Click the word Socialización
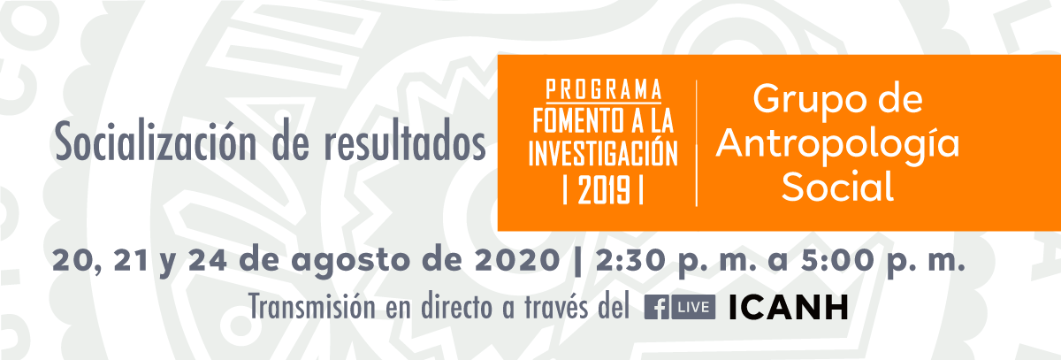[x=156, y=142]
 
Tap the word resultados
[x=405, y=142]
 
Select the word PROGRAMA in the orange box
[x=603, y=89]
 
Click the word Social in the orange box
[x=837, y=186]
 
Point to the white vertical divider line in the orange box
[x=697, y=143]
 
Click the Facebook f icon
[x=657, y=308]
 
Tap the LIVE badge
[x=693, y=308]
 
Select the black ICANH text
[x=788, y=308]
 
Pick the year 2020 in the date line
[x=517, y=260]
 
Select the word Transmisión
[x=312, y=307]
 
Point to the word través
[x=556, y=307]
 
